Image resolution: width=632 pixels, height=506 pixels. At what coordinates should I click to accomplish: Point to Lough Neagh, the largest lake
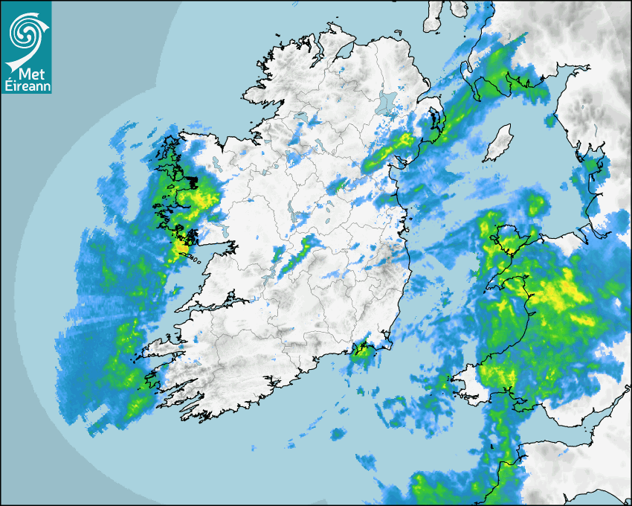[387, 102]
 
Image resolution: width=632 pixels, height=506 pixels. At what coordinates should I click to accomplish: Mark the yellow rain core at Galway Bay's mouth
[181, 246]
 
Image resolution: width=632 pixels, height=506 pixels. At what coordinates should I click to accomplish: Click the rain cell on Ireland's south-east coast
[362, 350]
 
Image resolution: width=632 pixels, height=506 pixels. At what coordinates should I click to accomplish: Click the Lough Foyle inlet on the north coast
[344, 52]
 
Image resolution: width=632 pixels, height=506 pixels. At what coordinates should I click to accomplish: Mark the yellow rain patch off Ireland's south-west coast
[138, 406]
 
